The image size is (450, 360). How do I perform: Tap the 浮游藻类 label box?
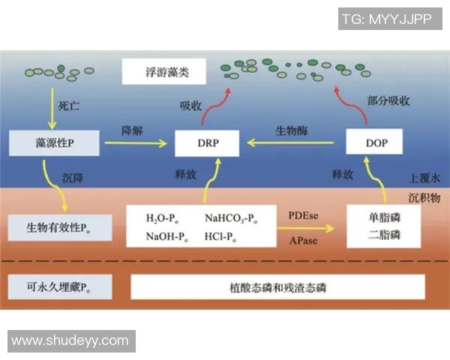tap(165, 73)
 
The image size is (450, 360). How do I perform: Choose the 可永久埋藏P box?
tap(59, 286)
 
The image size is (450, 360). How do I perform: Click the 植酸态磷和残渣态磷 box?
tap(277, 286)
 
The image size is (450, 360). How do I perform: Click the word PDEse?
tap(304, 216)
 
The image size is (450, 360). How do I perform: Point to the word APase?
tap(303, 241)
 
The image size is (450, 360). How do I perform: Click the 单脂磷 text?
tap(385, 218)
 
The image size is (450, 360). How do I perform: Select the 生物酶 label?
tap(292, 130)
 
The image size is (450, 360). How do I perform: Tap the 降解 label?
tap(133, 130)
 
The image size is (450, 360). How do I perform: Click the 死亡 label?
tap(68, 108)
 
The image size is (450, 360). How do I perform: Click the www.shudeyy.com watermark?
tap(70, 340)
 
